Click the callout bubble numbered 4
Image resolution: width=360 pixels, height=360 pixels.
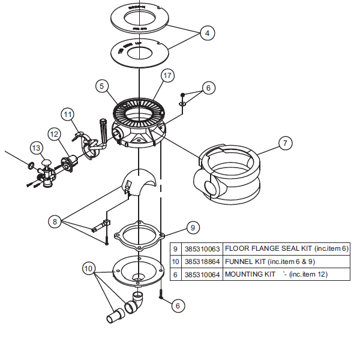207,34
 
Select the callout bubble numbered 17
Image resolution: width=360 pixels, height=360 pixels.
167,76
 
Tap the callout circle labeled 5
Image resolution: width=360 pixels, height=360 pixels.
102,86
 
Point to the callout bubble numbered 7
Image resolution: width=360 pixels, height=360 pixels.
285,143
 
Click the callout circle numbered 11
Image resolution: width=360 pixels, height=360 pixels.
68,114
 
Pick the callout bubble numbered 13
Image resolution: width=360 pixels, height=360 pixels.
37,148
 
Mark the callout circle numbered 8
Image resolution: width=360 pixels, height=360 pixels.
55,221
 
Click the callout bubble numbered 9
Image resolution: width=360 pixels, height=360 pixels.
192,227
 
